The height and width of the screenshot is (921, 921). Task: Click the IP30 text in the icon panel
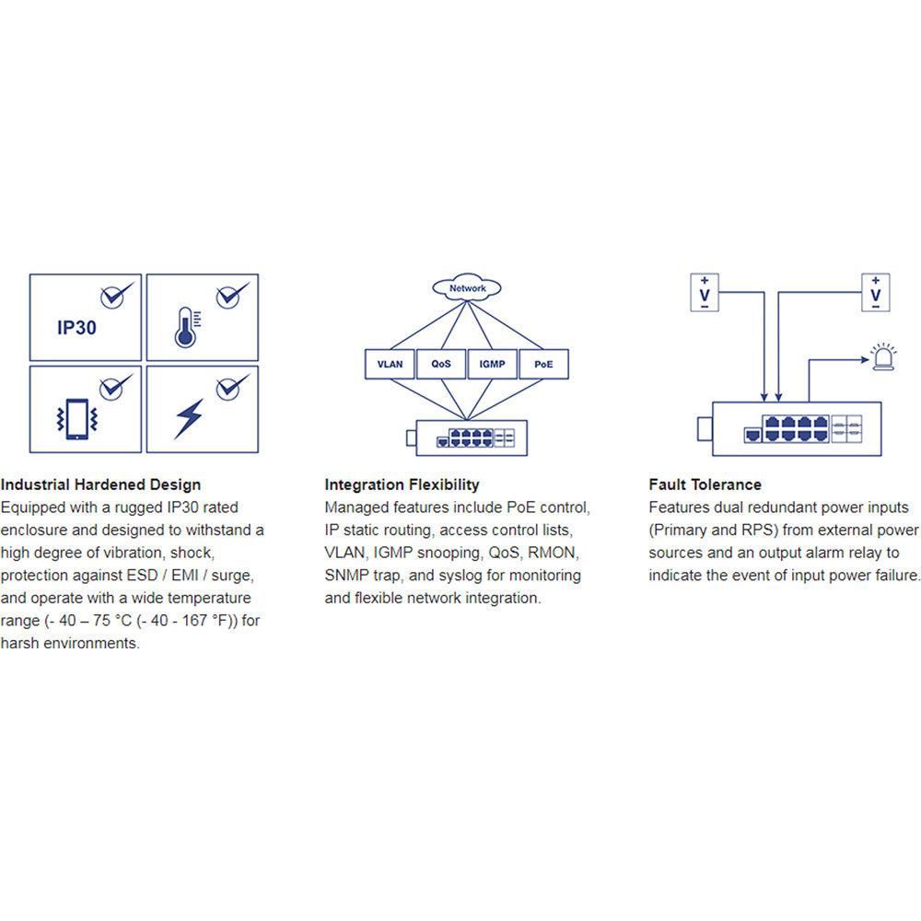click(76, 327)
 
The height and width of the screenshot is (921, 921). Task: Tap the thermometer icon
click(187, 327)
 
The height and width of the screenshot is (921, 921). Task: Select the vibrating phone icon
click(77, 419)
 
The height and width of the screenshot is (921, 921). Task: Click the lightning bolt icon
click(189, 418)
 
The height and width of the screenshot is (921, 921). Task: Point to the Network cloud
click(467, 287)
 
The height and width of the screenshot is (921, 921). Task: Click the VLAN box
click(390, 364)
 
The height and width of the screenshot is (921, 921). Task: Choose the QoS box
click(441, 364)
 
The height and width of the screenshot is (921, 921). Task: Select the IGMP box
click(492, 364)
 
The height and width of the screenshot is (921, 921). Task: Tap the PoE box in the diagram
click(544, 364)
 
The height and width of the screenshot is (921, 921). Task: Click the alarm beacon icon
click(883, 357)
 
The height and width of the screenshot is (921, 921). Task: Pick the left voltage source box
click(705, 293)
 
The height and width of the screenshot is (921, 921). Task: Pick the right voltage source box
click(876, 293)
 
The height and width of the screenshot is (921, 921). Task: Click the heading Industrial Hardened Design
click(101, 484)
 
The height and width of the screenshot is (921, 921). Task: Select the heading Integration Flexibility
click(402, 484)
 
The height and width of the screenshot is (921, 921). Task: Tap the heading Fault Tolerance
click(705, 484)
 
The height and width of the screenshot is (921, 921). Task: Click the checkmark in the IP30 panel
click(116, 295)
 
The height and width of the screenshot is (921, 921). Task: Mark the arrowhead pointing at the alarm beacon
click(865, 359)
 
